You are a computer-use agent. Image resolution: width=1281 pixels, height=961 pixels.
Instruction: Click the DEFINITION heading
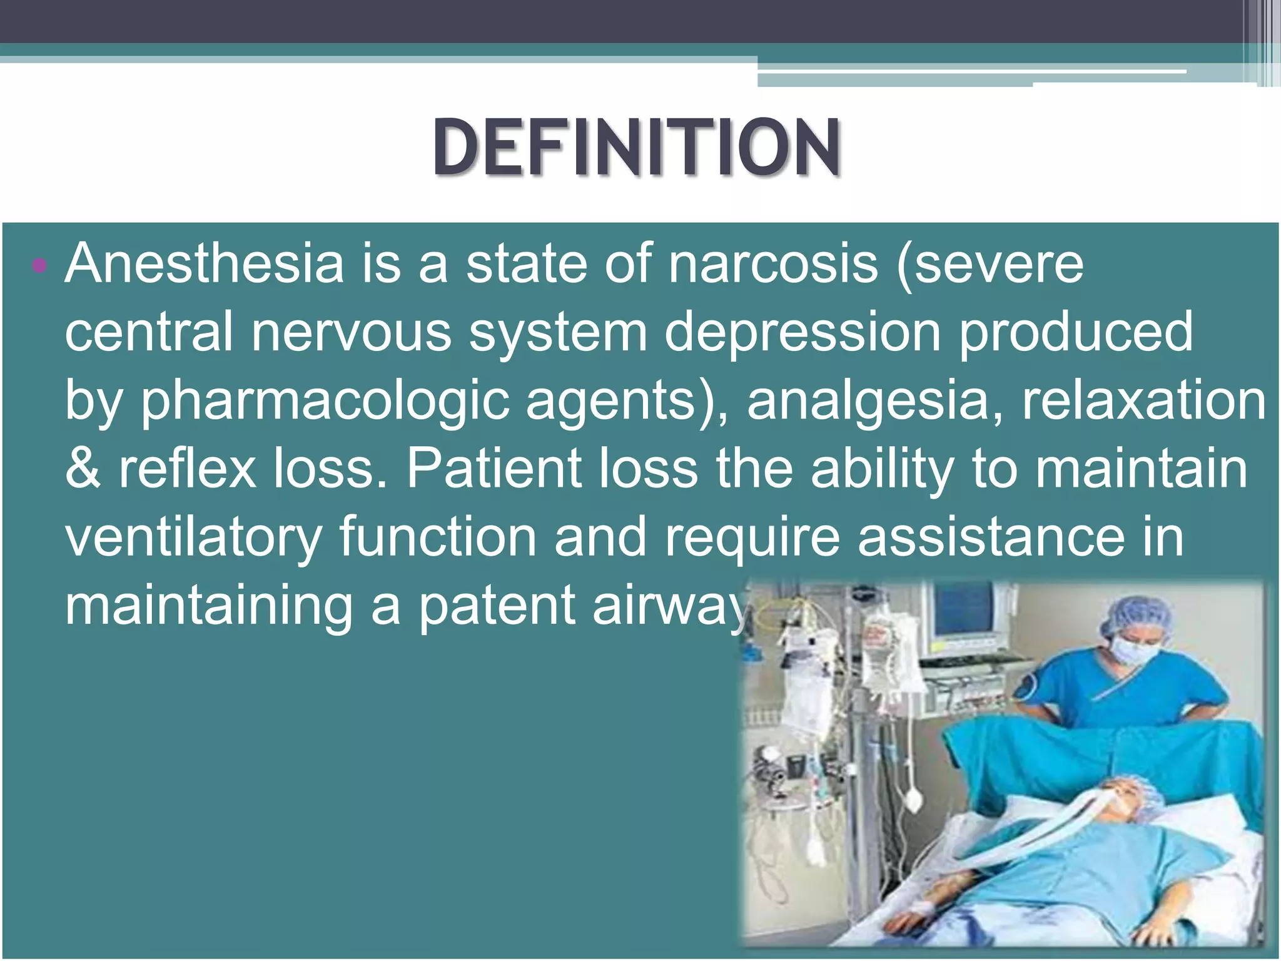click(636, 147)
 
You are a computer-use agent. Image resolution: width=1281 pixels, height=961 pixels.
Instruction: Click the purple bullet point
click(39, 265)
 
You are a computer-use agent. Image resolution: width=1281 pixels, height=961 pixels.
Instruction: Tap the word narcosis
click(773, 264)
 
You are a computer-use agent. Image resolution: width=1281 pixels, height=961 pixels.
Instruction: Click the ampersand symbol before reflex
click(83, 469)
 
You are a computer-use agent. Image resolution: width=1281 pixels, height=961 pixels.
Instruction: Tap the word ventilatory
click(193, 538)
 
